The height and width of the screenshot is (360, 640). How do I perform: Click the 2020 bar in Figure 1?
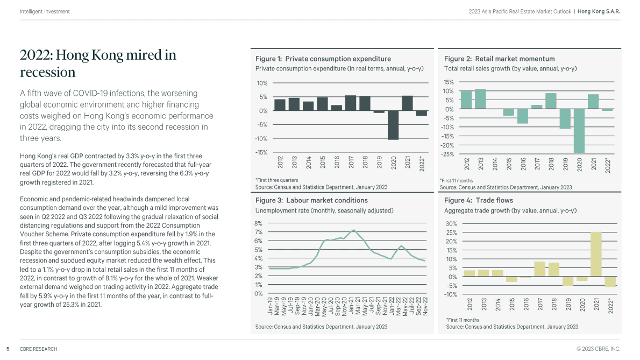(394, 125)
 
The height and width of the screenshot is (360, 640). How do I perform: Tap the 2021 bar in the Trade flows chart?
(596, 255)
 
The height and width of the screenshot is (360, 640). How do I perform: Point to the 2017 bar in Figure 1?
(351, 103)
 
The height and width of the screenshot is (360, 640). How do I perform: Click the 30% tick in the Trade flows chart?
(451, 224)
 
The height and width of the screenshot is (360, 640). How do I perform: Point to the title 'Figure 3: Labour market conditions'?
(311, 200)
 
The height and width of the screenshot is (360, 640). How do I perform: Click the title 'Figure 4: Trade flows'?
(479, 200)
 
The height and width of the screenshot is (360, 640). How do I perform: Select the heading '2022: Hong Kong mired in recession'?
(98, 63)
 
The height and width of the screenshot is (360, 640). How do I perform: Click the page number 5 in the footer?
(8, 349)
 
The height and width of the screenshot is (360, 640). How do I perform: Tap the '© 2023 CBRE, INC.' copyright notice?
(598, 349)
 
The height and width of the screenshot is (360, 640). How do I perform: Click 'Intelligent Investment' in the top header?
(45, 11)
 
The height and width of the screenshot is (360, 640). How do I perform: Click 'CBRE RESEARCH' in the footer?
(38, 349)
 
